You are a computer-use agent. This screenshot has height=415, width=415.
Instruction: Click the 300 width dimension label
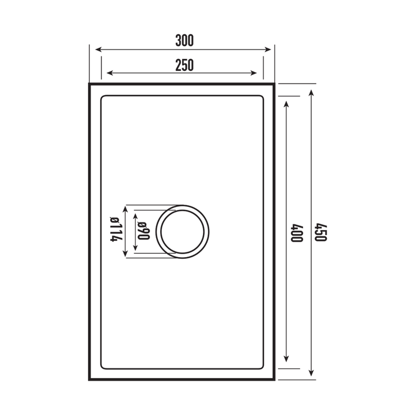(x=184, y=40)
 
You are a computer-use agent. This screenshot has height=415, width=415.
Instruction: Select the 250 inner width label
(x=184, y=65)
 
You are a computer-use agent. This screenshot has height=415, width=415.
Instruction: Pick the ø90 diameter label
(x=144, y=231)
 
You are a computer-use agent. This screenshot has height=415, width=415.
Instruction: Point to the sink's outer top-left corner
(x=89, y=84)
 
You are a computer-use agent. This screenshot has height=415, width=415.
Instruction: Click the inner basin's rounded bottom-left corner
(x=104, y=367)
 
